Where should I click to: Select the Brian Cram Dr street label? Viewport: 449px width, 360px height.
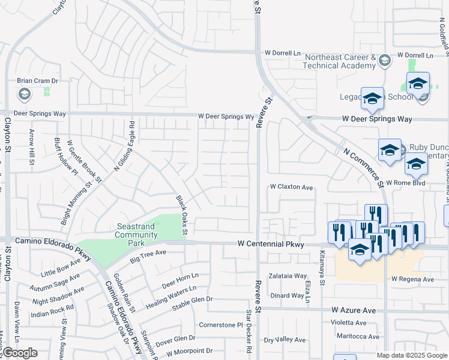37,80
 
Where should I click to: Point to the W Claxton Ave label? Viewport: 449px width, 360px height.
291,187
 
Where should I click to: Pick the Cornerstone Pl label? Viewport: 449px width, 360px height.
220,325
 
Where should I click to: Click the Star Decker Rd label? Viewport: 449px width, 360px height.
249,331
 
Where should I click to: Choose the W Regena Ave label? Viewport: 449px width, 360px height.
412,280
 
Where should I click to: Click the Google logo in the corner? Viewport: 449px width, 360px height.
20,353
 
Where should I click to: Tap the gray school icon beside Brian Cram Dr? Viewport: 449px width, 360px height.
25,93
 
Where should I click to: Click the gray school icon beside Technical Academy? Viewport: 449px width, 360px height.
384,60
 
